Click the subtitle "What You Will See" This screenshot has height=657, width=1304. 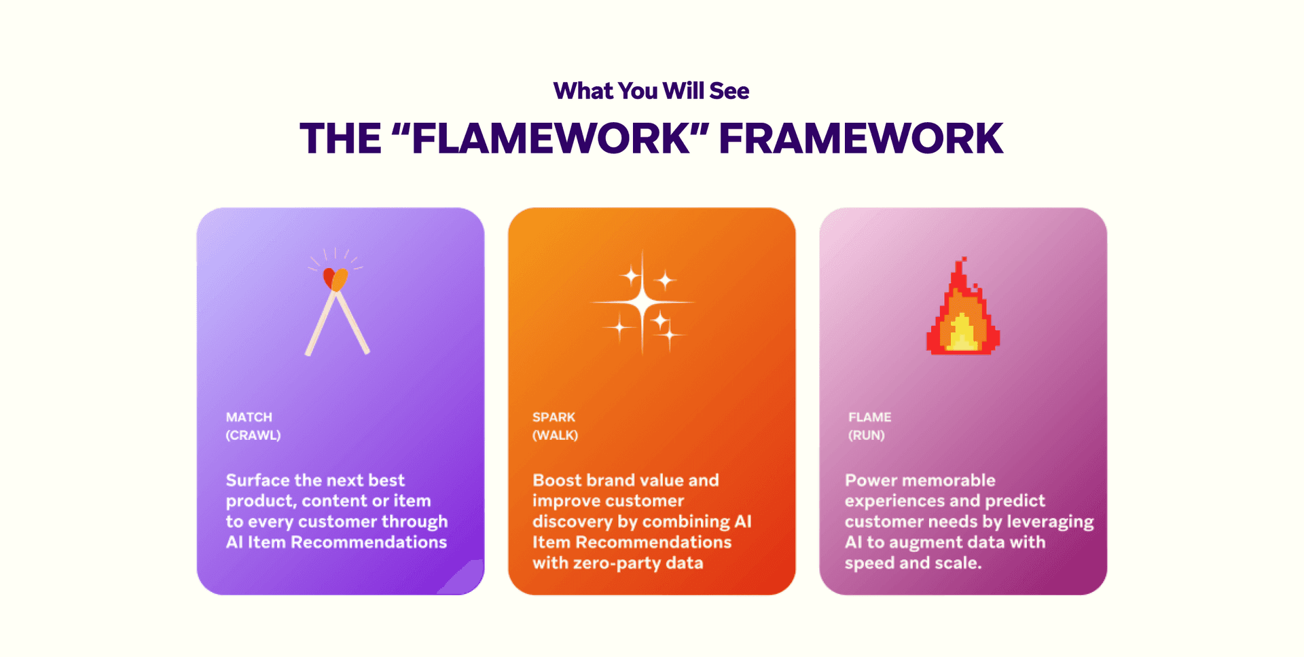pos(651,91)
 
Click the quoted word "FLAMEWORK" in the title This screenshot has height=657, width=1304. pos(551,138)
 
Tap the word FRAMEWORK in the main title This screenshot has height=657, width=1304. pos(861,138)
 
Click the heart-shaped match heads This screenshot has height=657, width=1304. pos(336,279)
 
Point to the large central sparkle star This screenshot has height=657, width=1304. pos(642,301)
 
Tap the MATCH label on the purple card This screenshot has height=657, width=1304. pos(249,417)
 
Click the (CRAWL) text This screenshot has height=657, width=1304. pos(253,435)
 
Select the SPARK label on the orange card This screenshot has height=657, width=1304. pos(554,417)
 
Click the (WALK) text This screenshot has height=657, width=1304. pos(556,435)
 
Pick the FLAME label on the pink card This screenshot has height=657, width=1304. pos(869,417)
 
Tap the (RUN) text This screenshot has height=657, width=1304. pos(867,435)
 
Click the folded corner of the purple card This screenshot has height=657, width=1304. pos(466,578)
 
